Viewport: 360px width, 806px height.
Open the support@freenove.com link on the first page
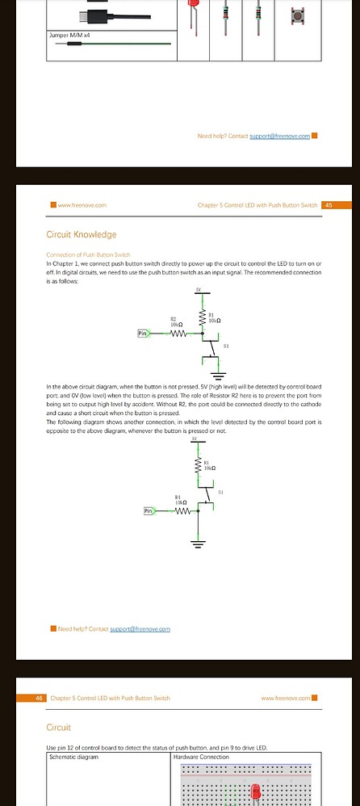pos(279,136)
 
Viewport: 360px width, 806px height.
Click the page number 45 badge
pos(328,205)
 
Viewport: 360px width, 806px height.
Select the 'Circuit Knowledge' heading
pos(82,235)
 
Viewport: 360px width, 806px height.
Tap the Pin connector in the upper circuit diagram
pos(144,333)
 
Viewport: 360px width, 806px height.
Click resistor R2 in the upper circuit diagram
pos(178,333)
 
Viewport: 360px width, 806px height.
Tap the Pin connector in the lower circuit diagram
pos(149,510)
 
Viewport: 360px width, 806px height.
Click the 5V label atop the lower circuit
pos(195,439)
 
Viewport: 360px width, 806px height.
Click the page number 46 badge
pos(39,698)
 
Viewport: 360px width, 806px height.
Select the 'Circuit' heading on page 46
pos(60,728)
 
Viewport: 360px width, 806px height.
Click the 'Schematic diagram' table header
pos(72,757)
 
